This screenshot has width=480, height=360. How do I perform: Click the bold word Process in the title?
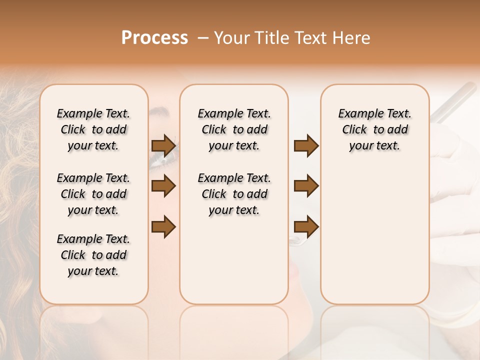coord(154,38)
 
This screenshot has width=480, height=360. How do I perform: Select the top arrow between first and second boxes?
coord(163,145)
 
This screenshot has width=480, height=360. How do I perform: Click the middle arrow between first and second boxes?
coord(163,186)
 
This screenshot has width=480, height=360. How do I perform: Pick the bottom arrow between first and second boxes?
coord(163,226)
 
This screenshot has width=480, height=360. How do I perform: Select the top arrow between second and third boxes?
coord(306,145)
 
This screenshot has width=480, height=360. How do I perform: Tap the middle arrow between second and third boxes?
coord(306,186)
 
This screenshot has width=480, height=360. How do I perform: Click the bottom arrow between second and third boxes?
coord(306,226)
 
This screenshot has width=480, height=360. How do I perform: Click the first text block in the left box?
coord(93,129)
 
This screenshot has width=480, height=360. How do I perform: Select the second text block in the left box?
coord(93,194)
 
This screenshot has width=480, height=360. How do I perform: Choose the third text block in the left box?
coord(93,255)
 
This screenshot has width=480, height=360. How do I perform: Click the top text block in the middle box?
coord(234,129)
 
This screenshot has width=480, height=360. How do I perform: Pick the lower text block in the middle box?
coord(234,194)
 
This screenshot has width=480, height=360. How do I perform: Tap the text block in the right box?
coord(374,129)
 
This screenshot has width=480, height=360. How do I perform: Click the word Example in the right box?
coord(356,114)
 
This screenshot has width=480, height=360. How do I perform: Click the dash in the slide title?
coord(203,38)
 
